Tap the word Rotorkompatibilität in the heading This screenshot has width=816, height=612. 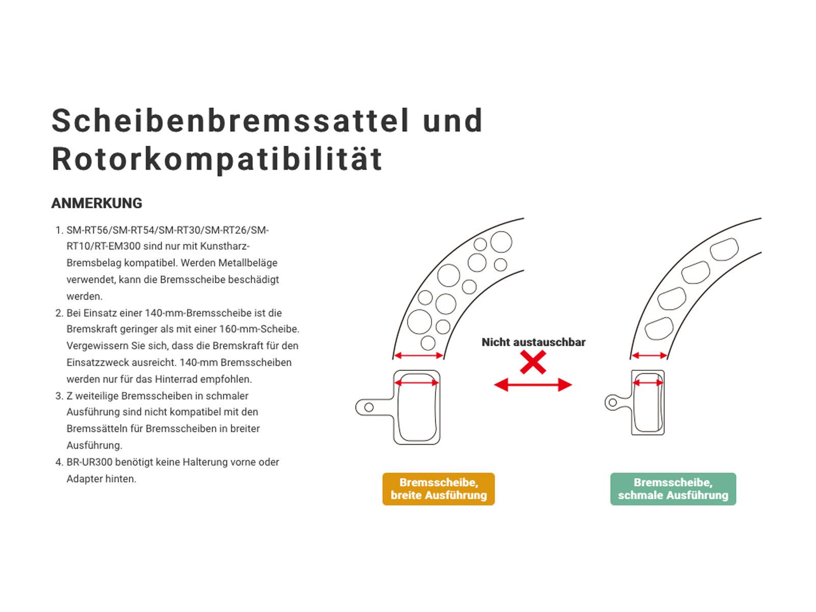click(217, 159)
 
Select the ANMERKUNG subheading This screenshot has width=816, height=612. click(96, 203)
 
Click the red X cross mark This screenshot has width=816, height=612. click(533, 363)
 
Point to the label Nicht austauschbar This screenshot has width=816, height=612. click(533, 342)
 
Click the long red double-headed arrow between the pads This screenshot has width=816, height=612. click(533, 385)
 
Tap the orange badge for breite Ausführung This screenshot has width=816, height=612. click(438, 489)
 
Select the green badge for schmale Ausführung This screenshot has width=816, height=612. click(673, 489)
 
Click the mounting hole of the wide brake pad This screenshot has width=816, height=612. click(369, 407)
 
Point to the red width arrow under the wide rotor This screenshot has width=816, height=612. click(419, 355)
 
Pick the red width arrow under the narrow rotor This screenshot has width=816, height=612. click(649, 355)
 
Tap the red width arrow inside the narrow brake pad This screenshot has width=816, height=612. click(648, 382)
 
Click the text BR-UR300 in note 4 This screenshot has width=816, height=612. click(89, 462)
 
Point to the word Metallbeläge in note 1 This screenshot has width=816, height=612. click(248, 263)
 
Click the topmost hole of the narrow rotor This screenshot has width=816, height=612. click(724, 250)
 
